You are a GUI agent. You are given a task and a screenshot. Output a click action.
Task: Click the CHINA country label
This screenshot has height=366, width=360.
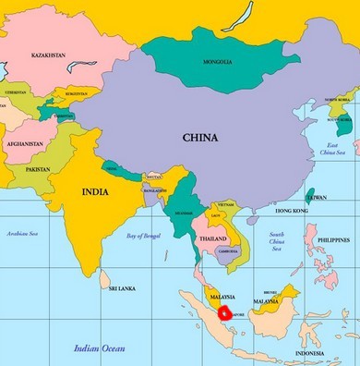tap(200, 138)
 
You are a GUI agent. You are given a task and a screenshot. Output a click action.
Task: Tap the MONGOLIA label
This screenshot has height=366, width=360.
tap(218, 63)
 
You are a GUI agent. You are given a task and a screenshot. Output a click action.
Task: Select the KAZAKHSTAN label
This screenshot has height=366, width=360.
tap(47, 56)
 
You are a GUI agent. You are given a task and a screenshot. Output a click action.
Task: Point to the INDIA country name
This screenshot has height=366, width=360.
tap(94, 192)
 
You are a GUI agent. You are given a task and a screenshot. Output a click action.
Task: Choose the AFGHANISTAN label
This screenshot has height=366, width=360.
tap(24, 144)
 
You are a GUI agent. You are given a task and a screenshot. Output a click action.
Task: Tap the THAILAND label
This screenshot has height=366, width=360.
tap(212, 239)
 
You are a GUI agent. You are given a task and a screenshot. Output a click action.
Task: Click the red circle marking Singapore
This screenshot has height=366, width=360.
tap(222, 311)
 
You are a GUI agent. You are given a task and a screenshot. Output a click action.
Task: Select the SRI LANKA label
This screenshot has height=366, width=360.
tap(121, 288)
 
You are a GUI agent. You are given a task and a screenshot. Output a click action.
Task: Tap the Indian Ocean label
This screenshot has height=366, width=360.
tap(99, 348)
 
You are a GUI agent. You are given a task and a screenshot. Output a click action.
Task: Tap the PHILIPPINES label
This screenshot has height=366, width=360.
tap(332, 239)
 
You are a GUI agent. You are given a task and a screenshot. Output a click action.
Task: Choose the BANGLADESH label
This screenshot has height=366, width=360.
tap(155, 190)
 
